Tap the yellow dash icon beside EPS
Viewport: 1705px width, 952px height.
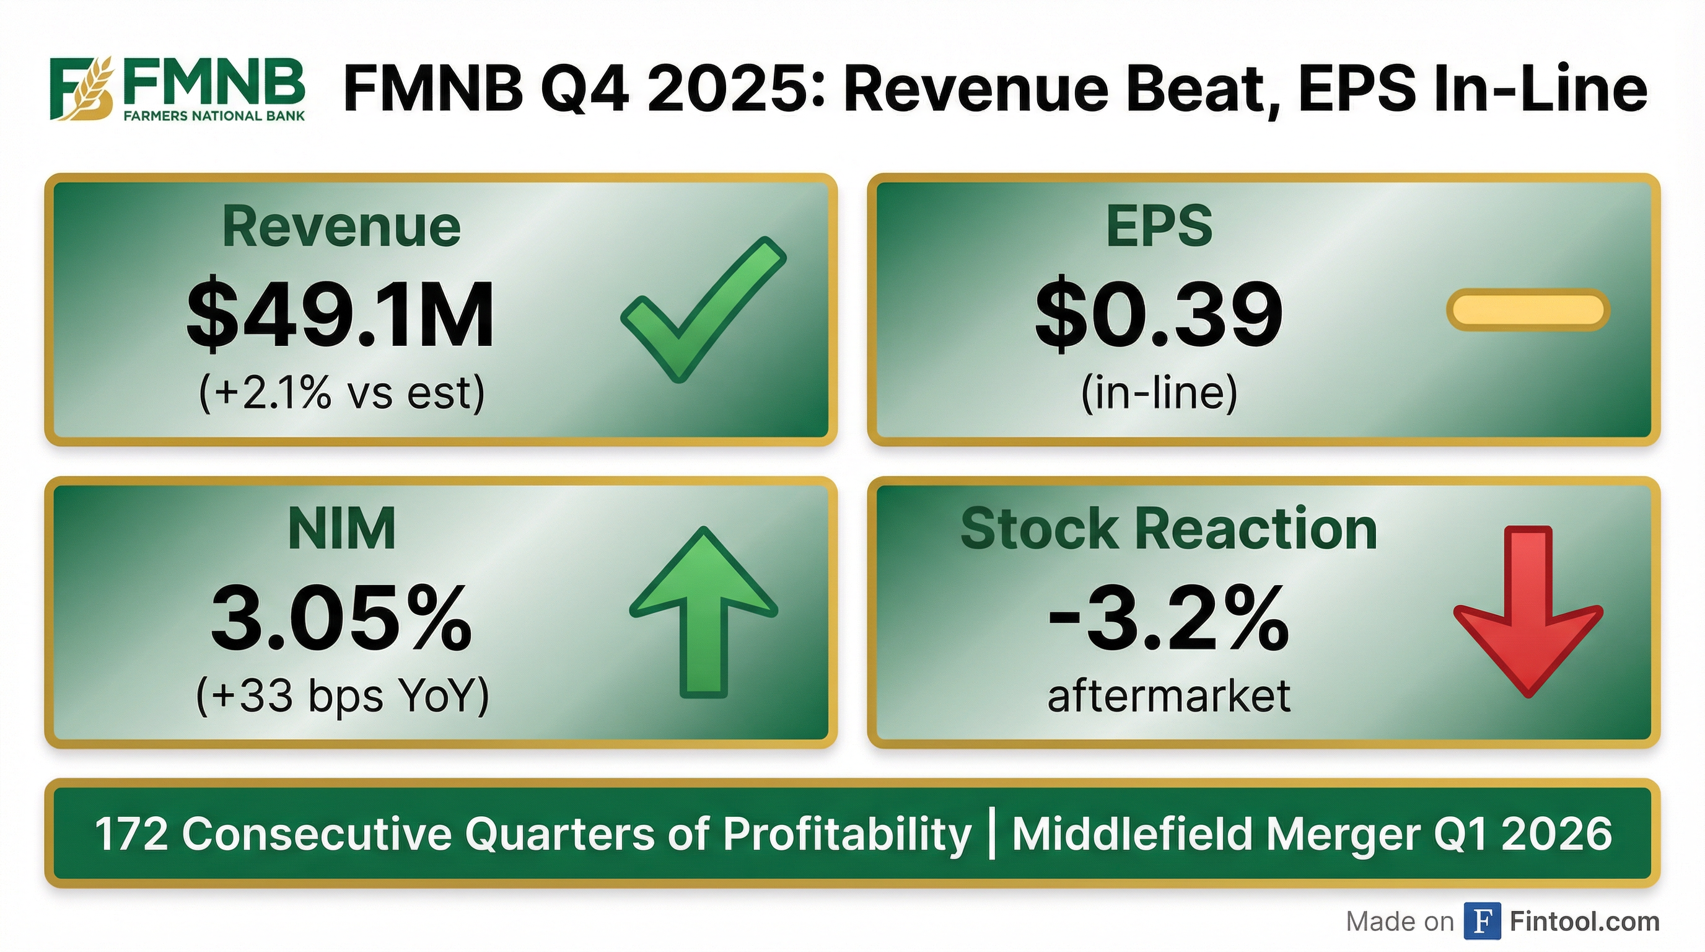tap(1528, 309)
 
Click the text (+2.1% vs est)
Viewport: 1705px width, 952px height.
tap(341, 393)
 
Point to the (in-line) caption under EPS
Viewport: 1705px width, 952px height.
tap(1159, 393)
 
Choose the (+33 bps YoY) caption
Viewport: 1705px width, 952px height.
tap(343, 697)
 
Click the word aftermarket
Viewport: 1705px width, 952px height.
tap(1169, 695)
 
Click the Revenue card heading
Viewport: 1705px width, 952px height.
tap(341, 227)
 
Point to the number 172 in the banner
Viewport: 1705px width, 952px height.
tap(131, 834)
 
